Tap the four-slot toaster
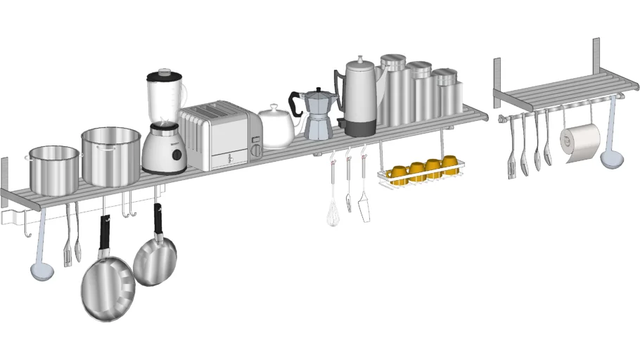(x=220, y=137)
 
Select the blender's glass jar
(x=166, y=96)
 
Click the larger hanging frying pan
(x=107, y=288)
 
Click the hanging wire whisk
(x=333, y=211)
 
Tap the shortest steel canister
(x=446, y=94)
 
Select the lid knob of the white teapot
(x=274, y=106)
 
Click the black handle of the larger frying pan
(x=105, y=232)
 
